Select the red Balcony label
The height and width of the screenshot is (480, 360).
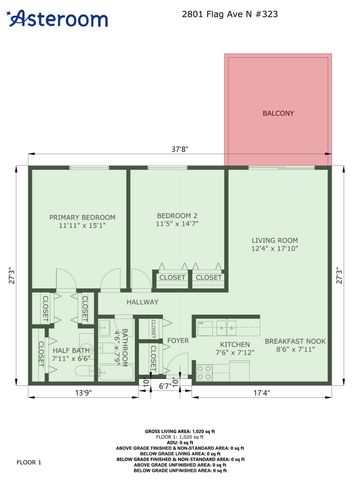click(x=278, y=113)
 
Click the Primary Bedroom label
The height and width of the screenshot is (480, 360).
click(x=83, y=217)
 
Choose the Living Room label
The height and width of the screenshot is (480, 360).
click(x=275, y=240)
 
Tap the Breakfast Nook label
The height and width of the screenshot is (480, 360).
click(x=290, y=343)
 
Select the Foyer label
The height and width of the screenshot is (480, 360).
click(x=178, y=340)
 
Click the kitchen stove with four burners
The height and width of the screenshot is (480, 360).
click(x=204, y=372)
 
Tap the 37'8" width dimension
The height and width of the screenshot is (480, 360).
click(x=179, y=150)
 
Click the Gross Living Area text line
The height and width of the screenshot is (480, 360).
click(x=180, y=427)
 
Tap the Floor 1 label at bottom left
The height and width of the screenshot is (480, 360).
click(x=29, y=463)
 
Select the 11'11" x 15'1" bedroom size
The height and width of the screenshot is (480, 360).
click(x=83, y=226)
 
